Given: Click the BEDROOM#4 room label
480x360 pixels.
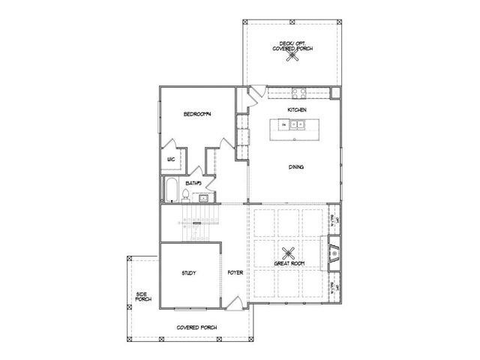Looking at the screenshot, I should (199, 114).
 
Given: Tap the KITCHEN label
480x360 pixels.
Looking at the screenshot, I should (297, 110).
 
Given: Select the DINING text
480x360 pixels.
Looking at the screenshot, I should (295, 167).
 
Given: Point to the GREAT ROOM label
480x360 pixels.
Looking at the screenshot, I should (289, 263).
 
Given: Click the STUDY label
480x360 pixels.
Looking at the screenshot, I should (189, 273).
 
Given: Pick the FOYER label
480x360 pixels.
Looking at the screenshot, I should (233, 273).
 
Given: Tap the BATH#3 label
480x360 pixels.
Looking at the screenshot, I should (192, 182).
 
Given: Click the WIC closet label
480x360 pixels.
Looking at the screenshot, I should (171, 160).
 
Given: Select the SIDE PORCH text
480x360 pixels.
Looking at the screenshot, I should (142, 297).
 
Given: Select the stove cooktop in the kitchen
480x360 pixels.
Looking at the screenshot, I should (298, 93).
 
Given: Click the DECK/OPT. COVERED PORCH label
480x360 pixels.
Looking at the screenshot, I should (292, 46).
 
